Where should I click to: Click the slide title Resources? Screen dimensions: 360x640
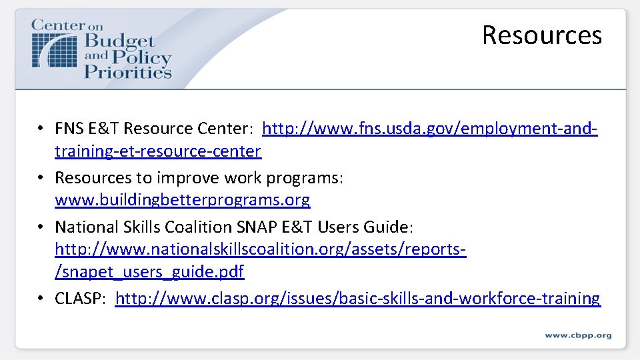pyautogui.click(x=541, y=35)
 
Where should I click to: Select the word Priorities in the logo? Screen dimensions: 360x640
pyautogui.click(x=127, y=71)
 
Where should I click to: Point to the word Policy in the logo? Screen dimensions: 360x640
pyautogui.click(x=139, y=56)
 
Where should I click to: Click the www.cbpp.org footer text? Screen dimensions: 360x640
pyautogui.click(x=577, y=335)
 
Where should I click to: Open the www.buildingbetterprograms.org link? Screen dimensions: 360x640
pyautogui.click(x=182, y=199)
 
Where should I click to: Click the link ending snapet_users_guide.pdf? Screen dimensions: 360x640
pyautogui.click(x=149, y=272)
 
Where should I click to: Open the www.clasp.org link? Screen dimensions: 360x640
pyautogui.click(x=357, y=298)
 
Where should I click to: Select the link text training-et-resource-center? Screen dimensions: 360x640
pyautogui.click(x=157, y=151)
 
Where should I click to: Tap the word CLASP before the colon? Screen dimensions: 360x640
pyautogui.click(x=79, y=298)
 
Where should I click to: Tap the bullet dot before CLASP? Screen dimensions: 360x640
pyautogui.click(x=41, y=299)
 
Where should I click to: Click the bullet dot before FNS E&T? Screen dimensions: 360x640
pyautogui.click(x=41, y=128)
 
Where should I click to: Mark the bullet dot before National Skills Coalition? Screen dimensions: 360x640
pyautogui.click(x=41, y=227)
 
